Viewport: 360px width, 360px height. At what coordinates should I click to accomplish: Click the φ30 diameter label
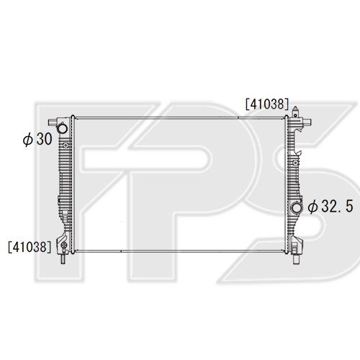tap(37, 139)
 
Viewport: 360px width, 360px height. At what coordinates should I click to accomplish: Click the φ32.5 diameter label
tap(330, 207)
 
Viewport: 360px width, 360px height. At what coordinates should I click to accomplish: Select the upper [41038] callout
tap(267, 104)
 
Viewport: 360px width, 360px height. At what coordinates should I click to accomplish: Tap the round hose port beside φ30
tap(63, 128)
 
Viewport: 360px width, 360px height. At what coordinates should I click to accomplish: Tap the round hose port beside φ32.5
tap(297, 207)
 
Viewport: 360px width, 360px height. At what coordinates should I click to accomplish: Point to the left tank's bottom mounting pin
tap(63, 258)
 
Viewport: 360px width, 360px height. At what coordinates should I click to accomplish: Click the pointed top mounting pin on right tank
tap(295, 111)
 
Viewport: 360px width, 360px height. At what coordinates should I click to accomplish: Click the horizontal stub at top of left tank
tap(53, 122)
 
